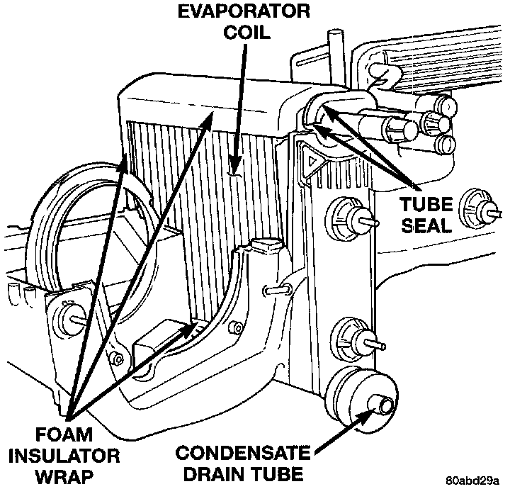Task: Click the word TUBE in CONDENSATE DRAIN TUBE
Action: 283,473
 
